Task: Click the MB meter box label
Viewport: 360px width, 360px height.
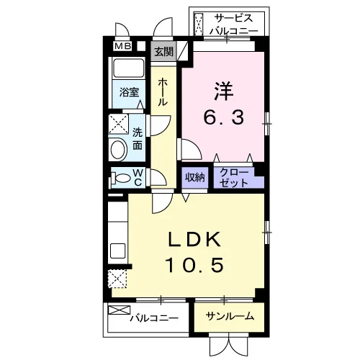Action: pyautogui.click(x=122, y=46)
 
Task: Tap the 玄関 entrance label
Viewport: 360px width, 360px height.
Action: pyautogui.click(x=163, y=51)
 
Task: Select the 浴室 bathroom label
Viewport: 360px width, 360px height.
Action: pyautogui.click(x=129, y=92)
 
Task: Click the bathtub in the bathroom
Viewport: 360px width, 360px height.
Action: pyautogui.click(x=129, y=68)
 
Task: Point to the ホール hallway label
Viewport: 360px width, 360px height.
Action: pyautogui.click(x=163, y=92)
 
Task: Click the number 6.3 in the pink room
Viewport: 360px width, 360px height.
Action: pyautogui.click(x=224, y=117)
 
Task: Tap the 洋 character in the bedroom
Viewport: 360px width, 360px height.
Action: pyautogui.click(x=224, y=91)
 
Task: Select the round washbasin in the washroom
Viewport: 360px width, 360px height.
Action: pyautogui.click(x=119, y=150)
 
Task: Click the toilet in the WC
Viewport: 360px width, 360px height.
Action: pyautogui.click(x=121, y=179)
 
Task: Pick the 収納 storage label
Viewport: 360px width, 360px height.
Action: pyautogui.click(x=194, y=177)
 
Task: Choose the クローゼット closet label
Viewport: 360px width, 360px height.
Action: pyautogui.click(x=234, y=178)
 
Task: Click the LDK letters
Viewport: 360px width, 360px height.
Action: pyautogui.click(x=194, y=239)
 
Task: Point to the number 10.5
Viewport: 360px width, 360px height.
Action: pyautogui.click(x=195, y=265)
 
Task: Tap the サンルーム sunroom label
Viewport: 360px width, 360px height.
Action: pyautogui.click(x=230, y=316)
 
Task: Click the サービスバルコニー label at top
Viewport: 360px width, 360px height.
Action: pyautogui.click(x=234, y=24)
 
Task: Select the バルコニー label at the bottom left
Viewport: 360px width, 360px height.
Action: pyautogui.click(x=154, y=318)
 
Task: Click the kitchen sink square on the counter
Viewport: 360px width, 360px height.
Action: pyautogui.click(x=117, y=251)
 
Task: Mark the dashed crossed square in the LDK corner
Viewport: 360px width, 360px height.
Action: pyautogui.click(x=117, y=279)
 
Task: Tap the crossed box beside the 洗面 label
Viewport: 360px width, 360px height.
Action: pyautogui.click(x=118, y=124)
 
